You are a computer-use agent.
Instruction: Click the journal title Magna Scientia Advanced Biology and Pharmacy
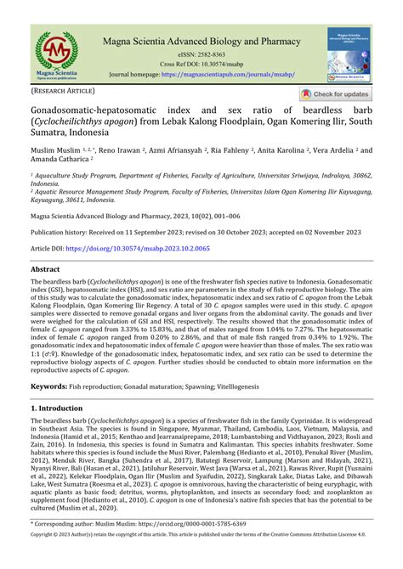pos(201,41)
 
